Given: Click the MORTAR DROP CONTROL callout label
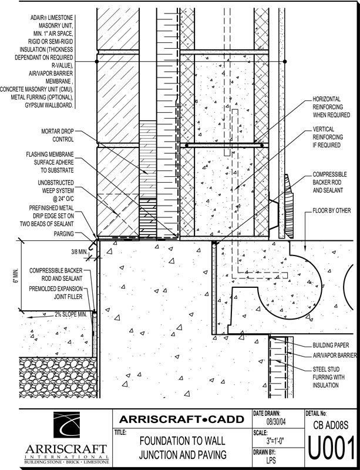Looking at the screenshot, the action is pyautogui.click(x=57, y=135).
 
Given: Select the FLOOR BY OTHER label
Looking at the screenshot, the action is pyautogui.click(x=332, y=210).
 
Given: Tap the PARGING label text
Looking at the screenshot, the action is pyautogui.click(x=63, y=233).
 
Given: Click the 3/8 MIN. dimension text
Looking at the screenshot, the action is pyautogui.click(x=79, y=251).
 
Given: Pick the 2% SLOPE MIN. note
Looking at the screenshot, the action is pyautogui.click(x=70, y=314).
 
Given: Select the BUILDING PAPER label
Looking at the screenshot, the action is pyautogui.click(x=331, y=345).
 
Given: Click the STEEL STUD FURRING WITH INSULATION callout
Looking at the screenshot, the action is pyautogui.click(x=328, y=377).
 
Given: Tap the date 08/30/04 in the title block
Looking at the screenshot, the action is pyautogui.click(x=276, y=422).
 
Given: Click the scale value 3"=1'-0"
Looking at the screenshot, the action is pyautogui.click(x=275, y=441).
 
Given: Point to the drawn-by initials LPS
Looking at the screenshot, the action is pyautogui.click(x=271, y=460).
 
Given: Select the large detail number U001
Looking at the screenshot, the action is pyautogui.click(x=331, y=448).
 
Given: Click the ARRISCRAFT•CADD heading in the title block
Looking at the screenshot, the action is pyautogui.click(x=181, y=419).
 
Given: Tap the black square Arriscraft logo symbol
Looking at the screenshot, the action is pyautogui.click(x=66, y=425).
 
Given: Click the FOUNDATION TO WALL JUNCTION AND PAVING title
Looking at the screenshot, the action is pyautogui.click(x=183, y=448).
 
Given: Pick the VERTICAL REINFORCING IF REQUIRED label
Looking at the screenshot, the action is pyautogui.click(x=328, y=137).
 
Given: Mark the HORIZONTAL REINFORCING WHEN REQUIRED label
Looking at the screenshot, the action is pyautogui.click(x=331, y=107).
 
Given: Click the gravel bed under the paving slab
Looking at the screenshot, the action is pyautogui.click(x=58, y=377).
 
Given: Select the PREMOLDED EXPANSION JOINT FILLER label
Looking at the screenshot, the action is pyautogui.click(x=56, y=293).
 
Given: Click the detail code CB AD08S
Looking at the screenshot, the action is pyautogui.click(x=331, y=425).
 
